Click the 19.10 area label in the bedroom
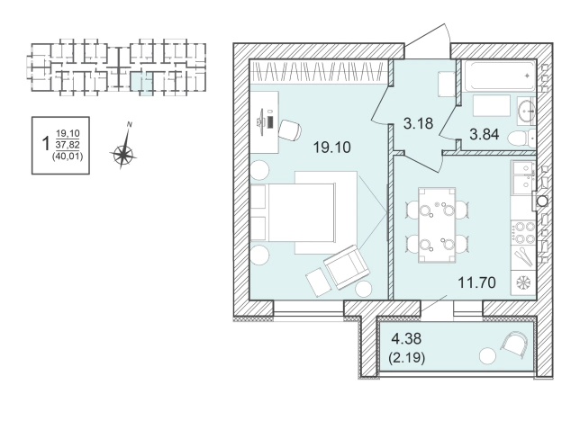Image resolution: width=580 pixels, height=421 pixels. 331,148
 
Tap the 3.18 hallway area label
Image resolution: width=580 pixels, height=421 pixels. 418,123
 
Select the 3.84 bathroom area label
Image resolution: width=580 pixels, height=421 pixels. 485,134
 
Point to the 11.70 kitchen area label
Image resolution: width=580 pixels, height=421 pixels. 476,282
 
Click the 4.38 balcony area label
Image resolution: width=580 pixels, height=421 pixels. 406,338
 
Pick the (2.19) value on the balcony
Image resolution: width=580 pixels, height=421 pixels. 406,357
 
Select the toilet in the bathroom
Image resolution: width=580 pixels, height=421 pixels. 521,139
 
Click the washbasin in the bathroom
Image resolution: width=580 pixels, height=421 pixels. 526,110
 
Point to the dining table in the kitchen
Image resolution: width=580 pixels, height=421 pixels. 437,225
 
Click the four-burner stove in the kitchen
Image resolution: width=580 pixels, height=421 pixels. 523,233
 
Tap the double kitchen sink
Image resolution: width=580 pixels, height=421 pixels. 523,175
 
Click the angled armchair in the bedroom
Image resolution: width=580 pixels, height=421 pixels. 347,266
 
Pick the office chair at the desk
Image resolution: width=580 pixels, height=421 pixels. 290,130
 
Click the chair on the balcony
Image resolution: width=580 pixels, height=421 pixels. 513,345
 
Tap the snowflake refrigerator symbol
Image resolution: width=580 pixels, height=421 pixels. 523,282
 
